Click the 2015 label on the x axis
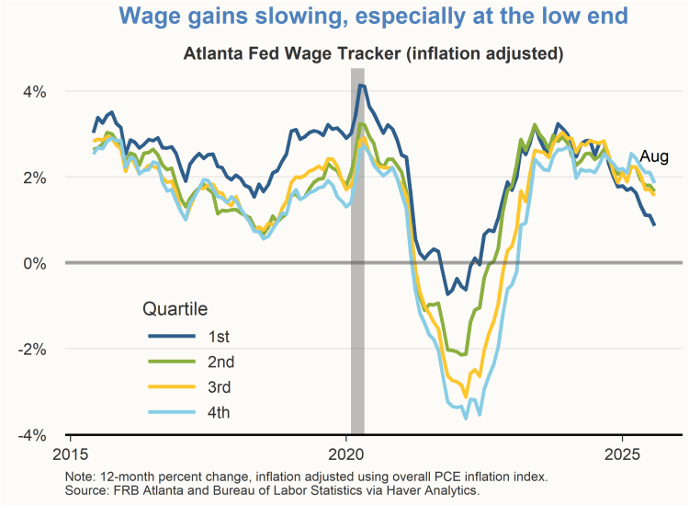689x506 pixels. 70,454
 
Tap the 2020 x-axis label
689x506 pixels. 346,454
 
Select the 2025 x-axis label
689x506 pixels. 623,454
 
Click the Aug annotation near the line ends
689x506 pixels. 654,155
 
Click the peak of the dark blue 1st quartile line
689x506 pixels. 361,86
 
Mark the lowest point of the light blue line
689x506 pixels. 466,418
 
